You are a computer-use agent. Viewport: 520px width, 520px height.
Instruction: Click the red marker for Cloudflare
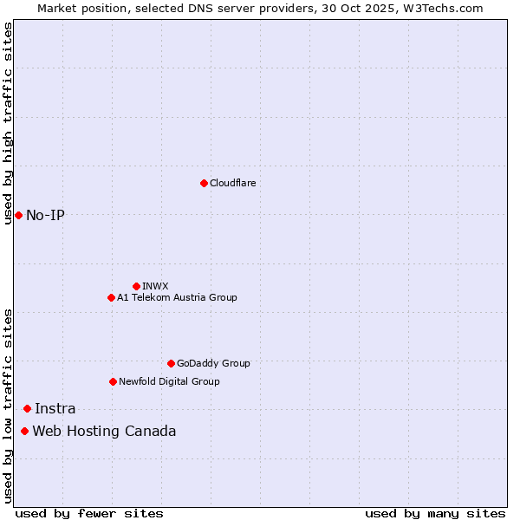tap(204, 183)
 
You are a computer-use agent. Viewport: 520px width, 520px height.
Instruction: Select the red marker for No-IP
tap(18, 215)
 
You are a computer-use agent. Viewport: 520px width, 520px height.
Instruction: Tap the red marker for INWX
tap(136, 286)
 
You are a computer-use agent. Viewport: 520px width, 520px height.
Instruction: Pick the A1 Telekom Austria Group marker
tap(111, 297)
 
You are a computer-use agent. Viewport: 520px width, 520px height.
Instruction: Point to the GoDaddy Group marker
tap(171, 363)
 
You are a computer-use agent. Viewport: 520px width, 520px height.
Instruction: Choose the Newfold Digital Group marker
tap(113, 381)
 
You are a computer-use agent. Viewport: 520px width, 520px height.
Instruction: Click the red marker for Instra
tap(27, 408)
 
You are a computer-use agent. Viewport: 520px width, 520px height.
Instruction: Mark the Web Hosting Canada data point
tap(24, 431)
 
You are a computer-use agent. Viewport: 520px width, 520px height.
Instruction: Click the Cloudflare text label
tap(233, 183)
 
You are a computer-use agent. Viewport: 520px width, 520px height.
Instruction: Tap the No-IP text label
tap(45, 215)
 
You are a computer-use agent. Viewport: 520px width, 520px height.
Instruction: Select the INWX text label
tap(156, 286)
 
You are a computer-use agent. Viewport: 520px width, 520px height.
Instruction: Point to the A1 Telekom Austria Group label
tap(177, 297)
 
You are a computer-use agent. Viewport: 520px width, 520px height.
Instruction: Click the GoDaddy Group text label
tap(213, 363)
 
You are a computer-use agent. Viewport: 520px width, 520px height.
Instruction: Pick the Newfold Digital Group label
tap(169, 381)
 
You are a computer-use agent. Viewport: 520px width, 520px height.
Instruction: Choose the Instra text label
tap(55, 408)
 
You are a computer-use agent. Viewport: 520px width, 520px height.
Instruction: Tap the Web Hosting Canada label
tap(104, 431)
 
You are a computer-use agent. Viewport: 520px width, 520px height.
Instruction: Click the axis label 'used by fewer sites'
tap(89, 513)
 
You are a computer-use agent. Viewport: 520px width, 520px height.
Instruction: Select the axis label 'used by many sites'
tap(435, 513)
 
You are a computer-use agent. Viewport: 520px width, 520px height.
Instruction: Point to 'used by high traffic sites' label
tap(9, 123)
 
